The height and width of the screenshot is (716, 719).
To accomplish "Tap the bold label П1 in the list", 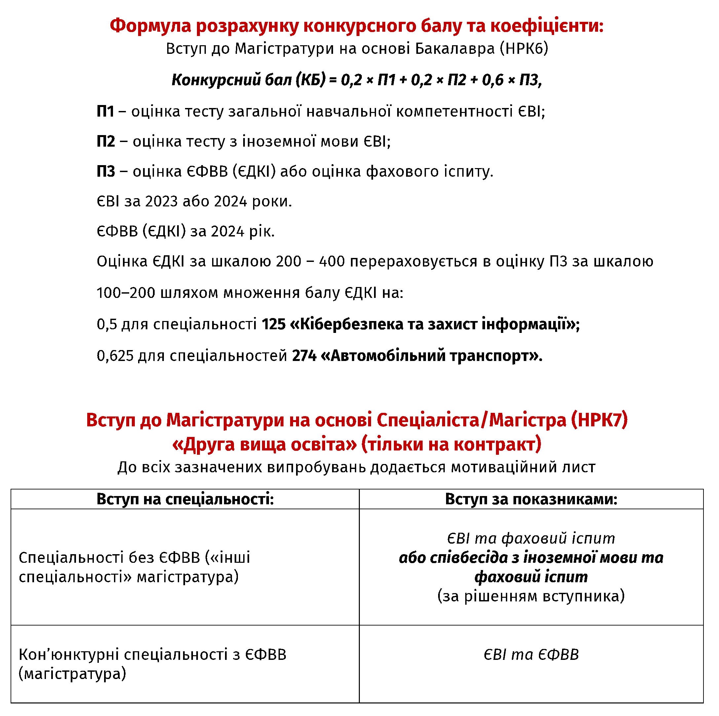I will tap(105, 111).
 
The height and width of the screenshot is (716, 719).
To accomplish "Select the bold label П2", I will tap(106, 141).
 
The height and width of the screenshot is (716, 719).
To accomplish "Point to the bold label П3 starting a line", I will tap(106, 171).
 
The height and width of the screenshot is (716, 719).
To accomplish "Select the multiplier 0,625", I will tap(115, 356).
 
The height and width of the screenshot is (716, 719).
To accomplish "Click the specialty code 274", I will tap(304, 356).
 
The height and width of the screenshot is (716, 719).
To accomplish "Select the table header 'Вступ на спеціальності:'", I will tap(185, 499).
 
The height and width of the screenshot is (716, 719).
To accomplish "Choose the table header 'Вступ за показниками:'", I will tap(531, 499).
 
